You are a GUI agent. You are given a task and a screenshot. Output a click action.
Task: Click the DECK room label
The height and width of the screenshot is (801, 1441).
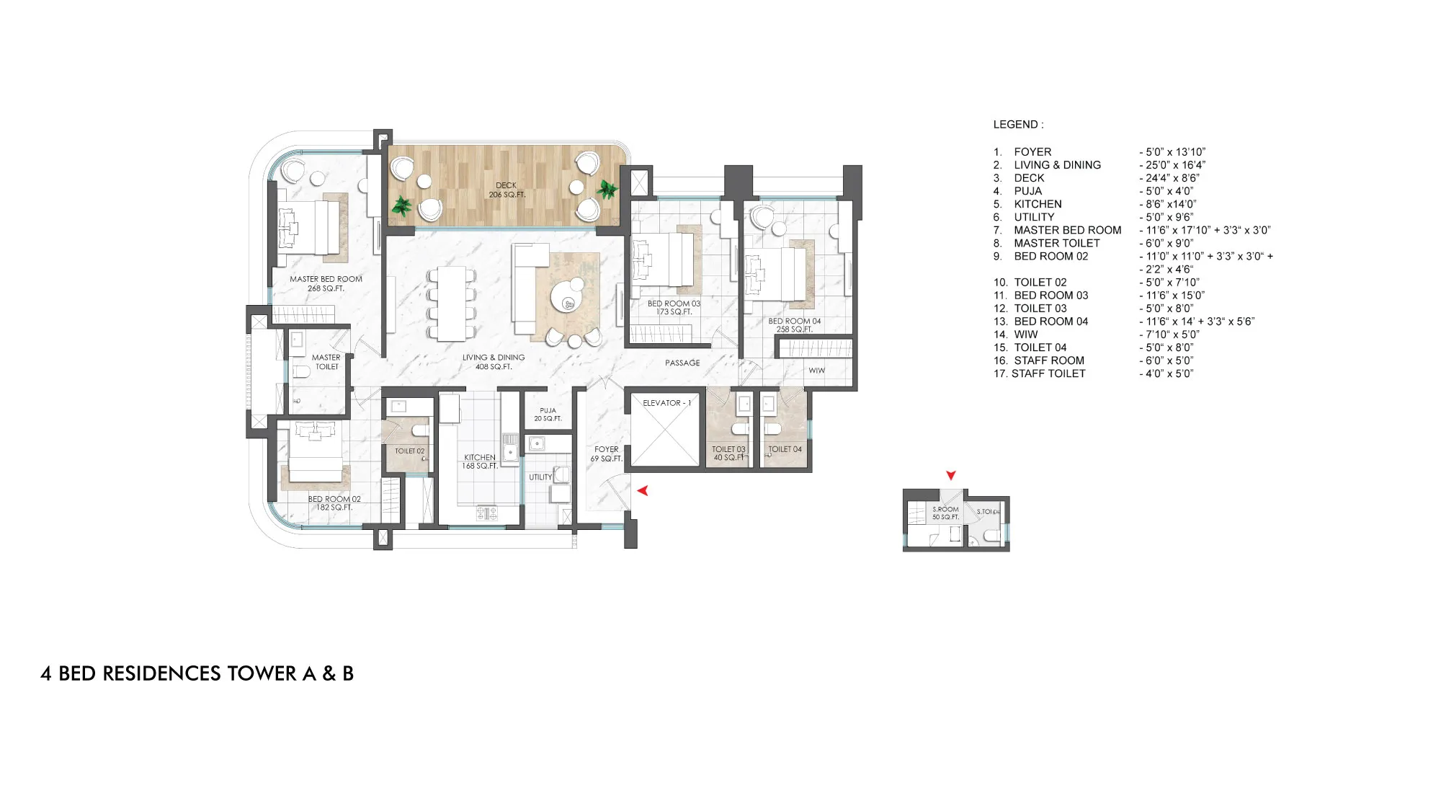507,185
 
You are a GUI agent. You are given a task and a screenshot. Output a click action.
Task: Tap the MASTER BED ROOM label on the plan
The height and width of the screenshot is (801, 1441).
326,279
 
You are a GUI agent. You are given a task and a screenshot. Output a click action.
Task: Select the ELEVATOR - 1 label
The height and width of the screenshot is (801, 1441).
666,403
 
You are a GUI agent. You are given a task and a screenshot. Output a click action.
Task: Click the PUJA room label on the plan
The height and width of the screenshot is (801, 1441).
548,410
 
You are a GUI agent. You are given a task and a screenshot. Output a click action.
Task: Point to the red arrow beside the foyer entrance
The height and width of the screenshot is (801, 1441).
643,490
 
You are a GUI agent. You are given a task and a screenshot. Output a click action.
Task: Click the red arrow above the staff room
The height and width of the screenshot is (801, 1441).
951,475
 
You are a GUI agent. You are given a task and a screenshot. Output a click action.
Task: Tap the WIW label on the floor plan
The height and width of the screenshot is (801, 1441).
817,371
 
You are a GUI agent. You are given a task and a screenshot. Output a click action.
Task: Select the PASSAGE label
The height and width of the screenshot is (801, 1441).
682,363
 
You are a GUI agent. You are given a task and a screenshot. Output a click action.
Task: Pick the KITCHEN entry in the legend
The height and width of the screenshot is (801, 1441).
1038,204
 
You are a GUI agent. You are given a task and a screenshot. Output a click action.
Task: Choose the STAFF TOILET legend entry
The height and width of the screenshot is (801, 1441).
1048,373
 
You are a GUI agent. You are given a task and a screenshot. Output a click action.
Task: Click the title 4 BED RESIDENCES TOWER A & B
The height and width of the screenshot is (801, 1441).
197,673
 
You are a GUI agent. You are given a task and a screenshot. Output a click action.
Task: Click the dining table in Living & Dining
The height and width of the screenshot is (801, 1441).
452,304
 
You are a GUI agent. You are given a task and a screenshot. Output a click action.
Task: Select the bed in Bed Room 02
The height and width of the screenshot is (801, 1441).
316,452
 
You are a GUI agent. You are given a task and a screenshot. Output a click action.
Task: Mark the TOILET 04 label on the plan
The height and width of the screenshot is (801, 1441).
785,449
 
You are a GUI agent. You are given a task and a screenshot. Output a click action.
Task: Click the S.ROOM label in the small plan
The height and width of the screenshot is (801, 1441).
946,509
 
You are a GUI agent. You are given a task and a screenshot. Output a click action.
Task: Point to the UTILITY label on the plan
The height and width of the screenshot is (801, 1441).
540,477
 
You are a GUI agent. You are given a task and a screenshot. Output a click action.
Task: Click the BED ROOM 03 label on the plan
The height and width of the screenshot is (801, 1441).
674,304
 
